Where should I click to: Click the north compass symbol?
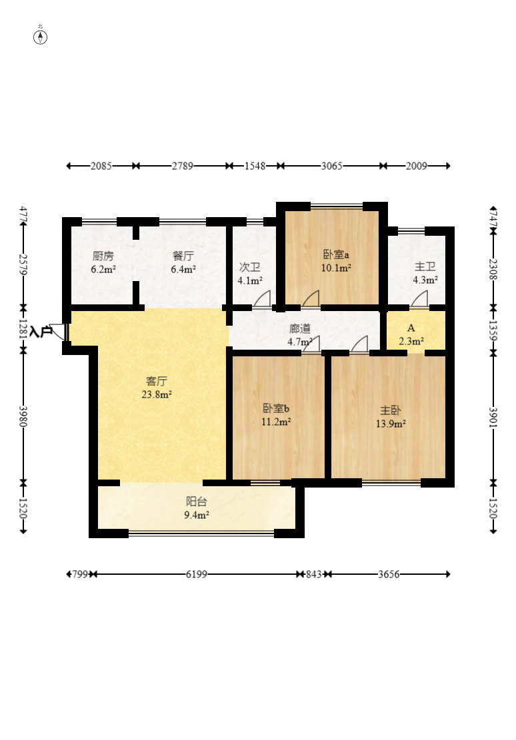40,37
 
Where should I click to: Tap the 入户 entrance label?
41,332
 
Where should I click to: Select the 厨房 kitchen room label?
103,256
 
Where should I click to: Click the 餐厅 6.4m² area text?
183,270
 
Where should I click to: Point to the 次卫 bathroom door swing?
262,299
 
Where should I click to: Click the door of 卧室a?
311,299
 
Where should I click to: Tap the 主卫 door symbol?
419,299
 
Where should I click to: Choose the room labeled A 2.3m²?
411,334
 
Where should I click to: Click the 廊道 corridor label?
300,328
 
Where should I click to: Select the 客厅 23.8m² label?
157,388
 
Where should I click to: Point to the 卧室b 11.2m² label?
276,415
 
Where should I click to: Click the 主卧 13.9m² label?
391,417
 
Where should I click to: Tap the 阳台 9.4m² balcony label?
197,508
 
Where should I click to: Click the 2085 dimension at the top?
101,166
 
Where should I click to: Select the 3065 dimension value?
332,166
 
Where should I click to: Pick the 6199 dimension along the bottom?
197,574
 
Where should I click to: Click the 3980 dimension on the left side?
23,416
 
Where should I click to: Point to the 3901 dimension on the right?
493,418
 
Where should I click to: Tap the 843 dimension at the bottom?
314,574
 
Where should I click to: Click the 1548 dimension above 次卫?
255,166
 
